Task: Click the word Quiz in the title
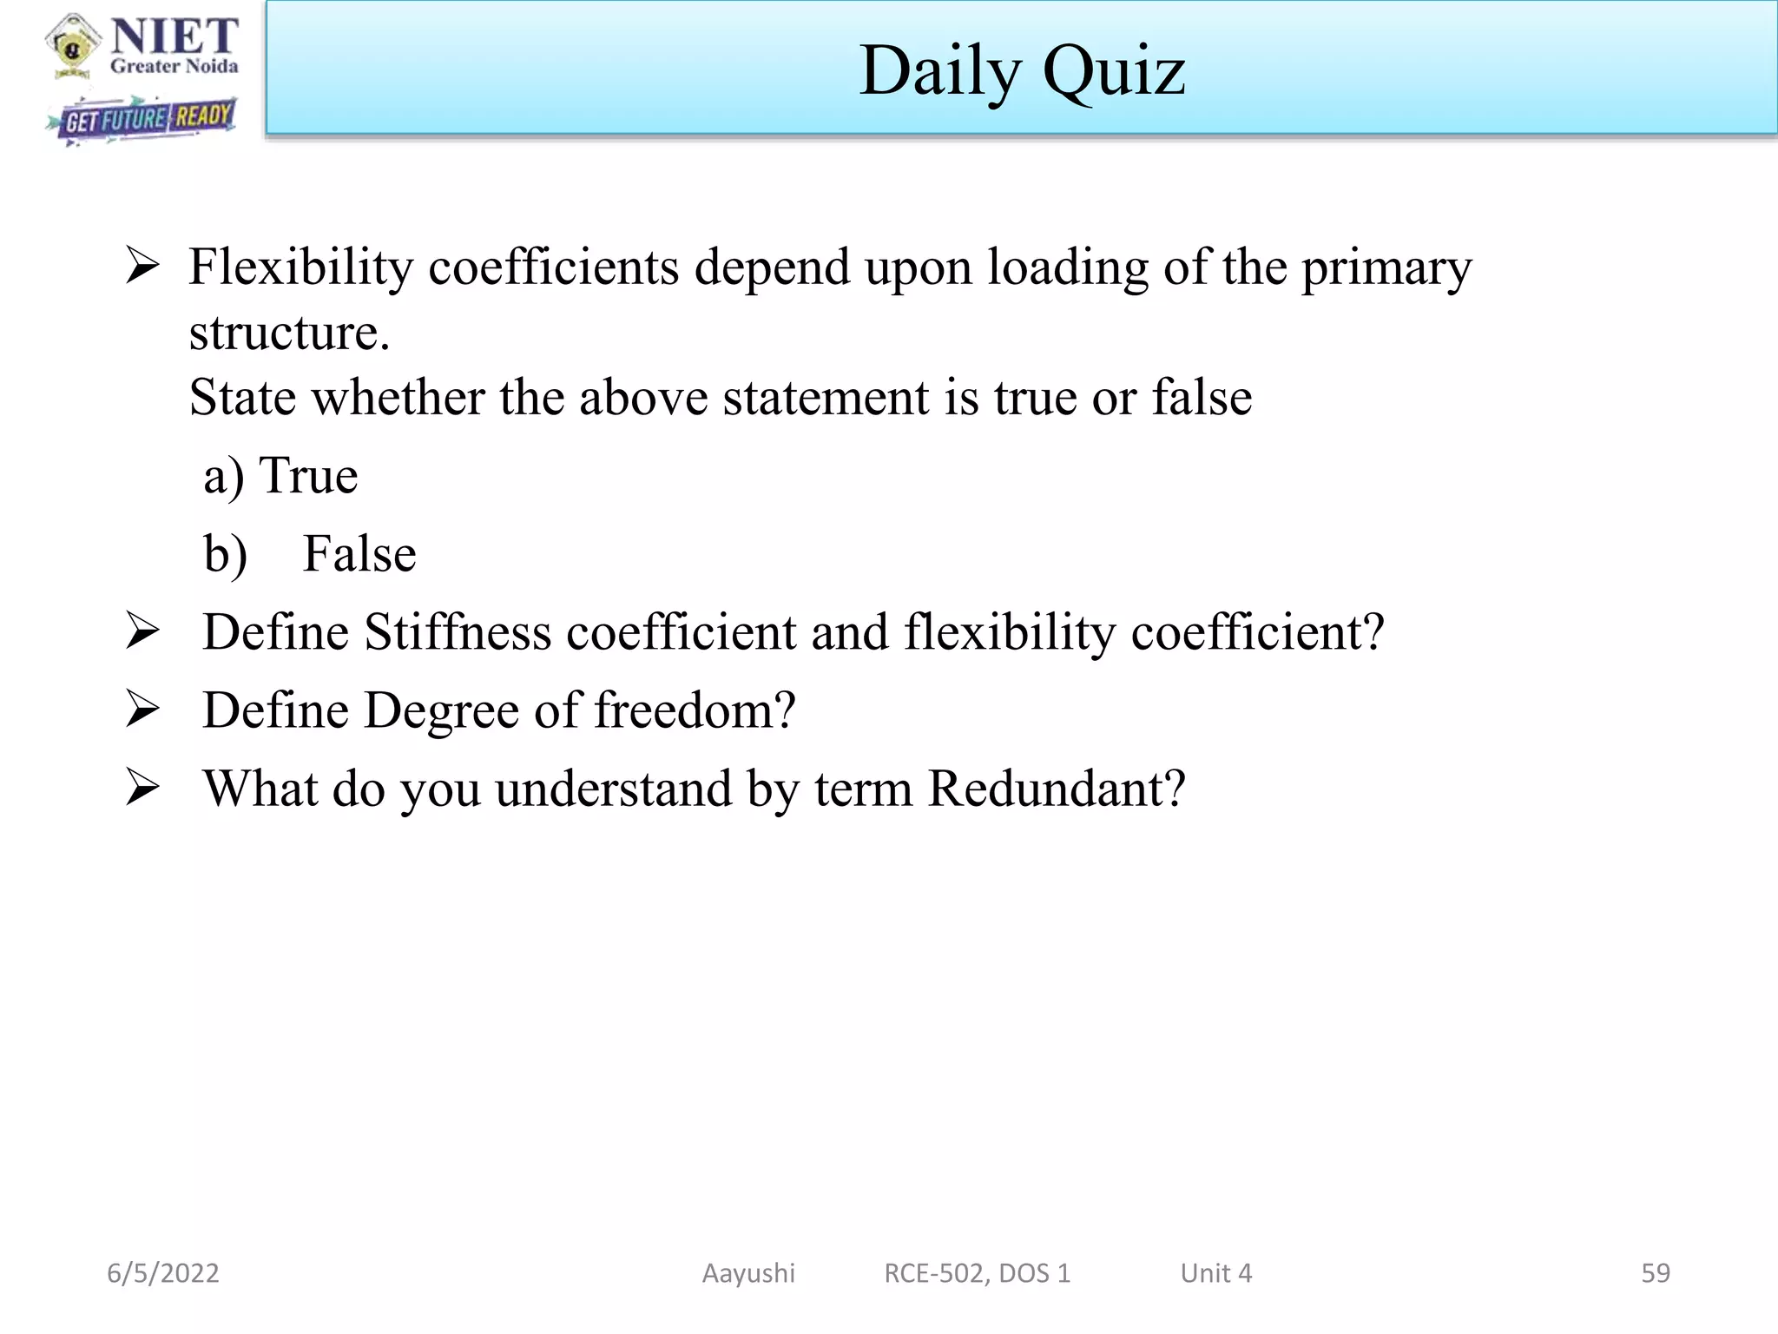click(1114, 71)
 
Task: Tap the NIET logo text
click(175, 36)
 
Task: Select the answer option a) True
click(280, 476)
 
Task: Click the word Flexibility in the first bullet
click(300, 267)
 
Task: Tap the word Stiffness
click(458, 631)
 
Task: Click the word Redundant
click(1056, 789)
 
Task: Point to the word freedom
click(695, 710)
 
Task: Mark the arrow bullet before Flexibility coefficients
click(142, 265)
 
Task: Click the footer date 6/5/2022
click(163, 1273)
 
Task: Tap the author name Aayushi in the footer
click(748, 1273)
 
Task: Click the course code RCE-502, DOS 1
click(977, 1273)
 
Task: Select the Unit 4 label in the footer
click(1215, 1273)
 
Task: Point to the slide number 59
click(1655, 1273)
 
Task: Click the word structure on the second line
click(289, 333)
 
